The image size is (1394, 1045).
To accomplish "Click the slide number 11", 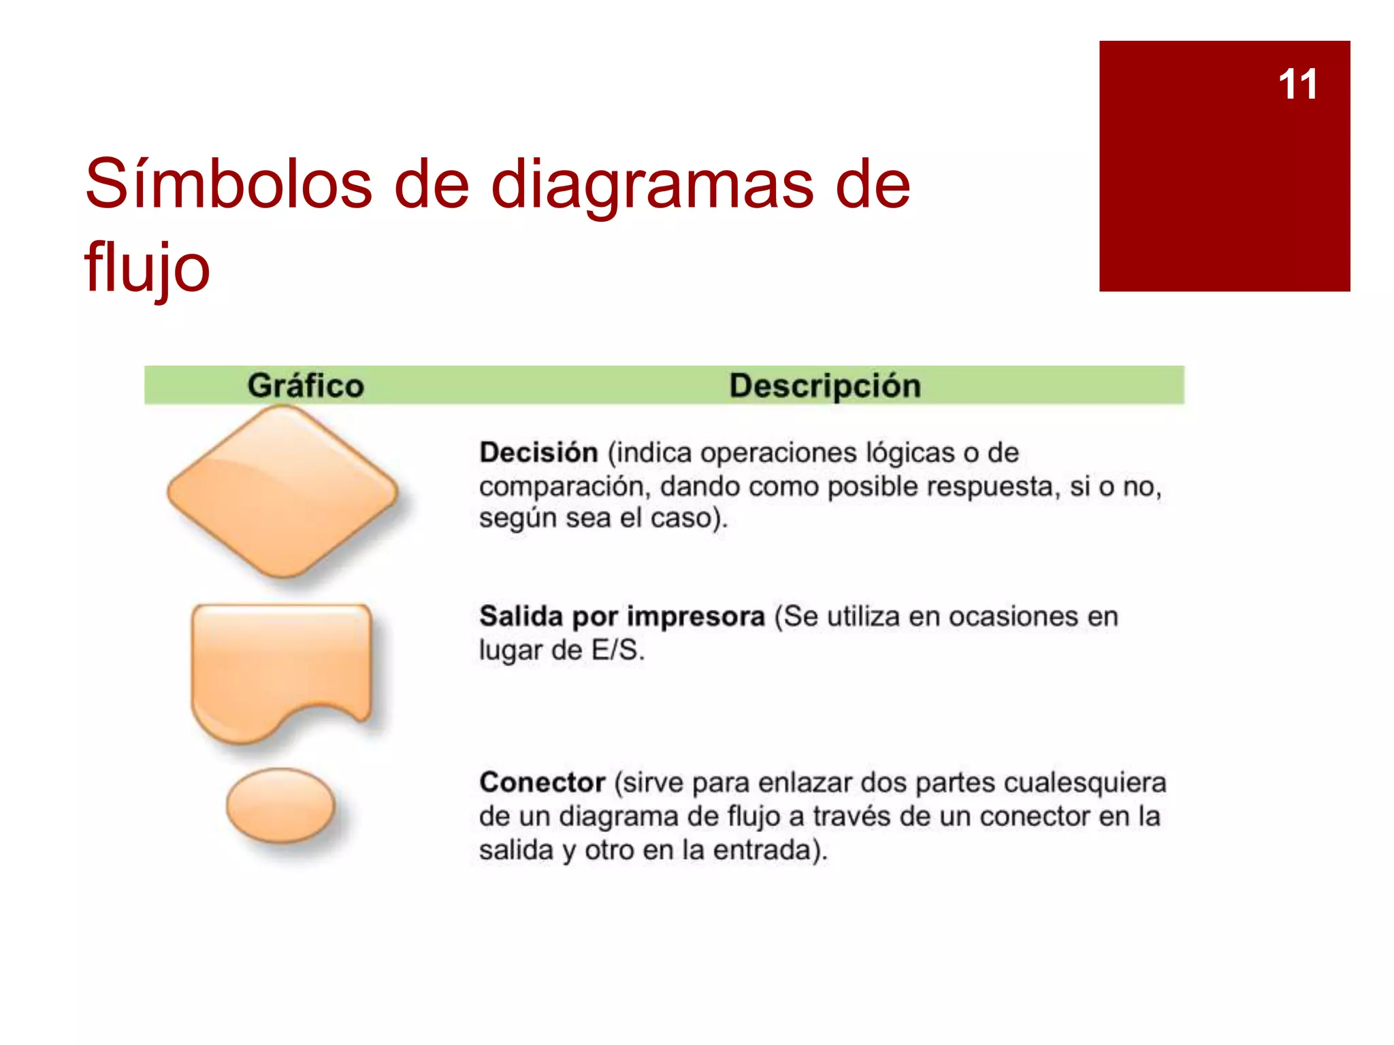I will pos(1297,85).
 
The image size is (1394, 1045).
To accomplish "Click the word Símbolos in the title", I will pos(229,184).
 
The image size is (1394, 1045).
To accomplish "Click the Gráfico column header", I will pos(306,386).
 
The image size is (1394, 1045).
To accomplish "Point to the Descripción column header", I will pos(825,386).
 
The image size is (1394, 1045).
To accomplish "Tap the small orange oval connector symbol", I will pos(280,806).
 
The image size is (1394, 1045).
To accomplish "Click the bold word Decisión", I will pos(538,452).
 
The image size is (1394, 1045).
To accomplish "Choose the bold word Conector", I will pos(542,782).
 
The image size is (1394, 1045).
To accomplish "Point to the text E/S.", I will pos(617,650).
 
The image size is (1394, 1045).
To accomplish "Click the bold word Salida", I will pos(521,616).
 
